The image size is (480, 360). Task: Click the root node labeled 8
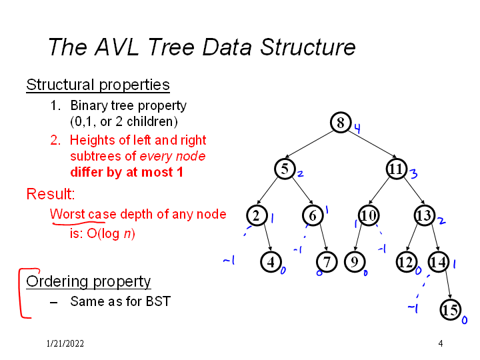tap(341, 123)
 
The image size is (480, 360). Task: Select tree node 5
tap(285, 169)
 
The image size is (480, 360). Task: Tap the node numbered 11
tap(397, 169)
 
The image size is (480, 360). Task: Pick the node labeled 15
tap(451, 309)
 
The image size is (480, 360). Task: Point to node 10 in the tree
tap(369, 215)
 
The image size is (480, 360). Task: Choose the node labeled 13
tap(424, 215)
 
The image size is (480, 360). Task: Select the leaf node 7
tap(327, 262)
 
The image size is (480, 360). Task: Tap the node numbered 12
tap(406, 262)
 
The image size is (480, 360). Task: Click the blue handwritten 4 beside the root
tap(357, 129)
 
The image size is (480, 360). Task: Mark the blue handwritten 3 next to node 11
tap(413, 175)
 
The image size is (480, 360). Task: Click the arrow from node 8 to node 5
tap(313, 145)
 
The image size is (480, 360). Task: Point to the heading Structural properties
tap(98, 85)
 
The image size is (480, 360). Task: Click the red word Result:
tap(50, 194)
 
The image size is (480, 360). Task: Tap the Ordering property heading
tap(89, 281)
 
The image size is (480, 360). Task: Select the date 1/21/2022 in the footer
tap(65, 343)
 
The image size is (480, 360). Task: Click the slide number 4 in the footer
tap(441, 343)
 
